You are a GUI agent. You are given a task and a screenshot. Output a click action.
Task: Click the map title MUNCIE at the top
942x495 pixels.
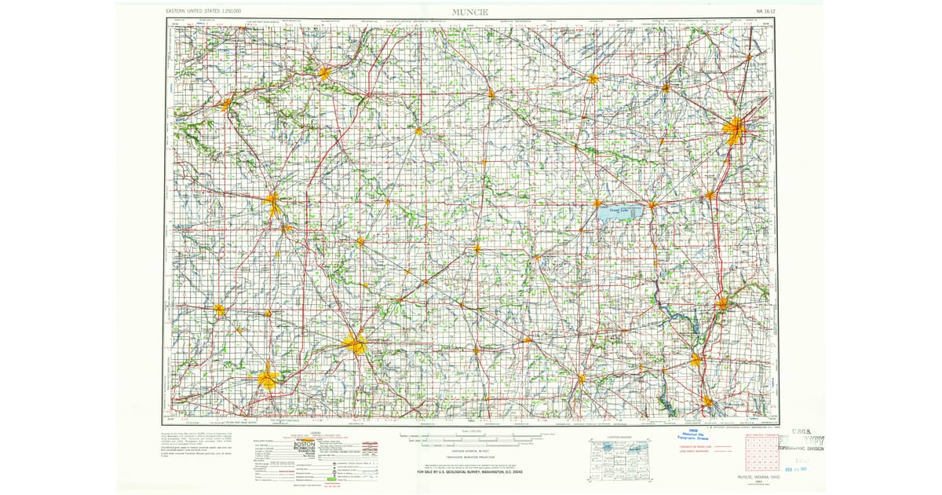(x=469, y=11)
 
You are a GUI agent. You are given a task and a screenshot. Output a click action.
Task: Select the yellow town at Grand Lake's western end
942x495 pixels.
(x=598, y=203)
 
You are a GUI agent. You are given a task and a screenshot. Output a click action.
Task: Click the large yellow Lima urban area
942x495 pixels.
(x=736, y=129)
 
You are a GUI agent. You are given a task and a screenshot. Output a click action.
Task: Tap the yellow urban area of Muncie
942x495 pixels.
(x=356, y=344)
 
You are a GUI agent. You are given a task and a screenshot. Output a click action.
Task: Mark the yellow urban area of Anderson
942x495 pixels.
(x=268, y=379)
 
